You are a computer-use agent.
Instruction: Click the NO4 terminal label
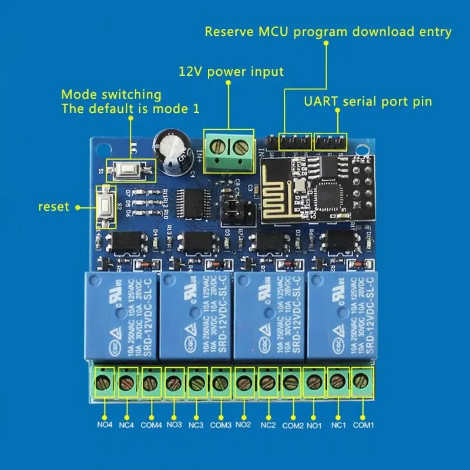(105, 424)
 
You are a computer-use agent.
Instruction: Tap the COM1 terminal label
(363, 424)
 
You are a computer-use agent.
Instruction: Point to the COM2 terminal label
(293, 424)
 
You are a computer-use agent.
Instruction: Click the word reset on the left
(53, 206)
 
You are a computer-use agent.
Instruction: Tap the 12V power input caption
(231, 72)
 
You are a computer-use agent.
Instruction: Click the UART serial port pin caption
(368, 101)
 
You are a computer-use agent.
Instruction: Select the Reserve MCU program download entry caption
(328, 32)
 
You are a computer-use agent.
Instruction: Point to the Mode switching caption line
(111, 94)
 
